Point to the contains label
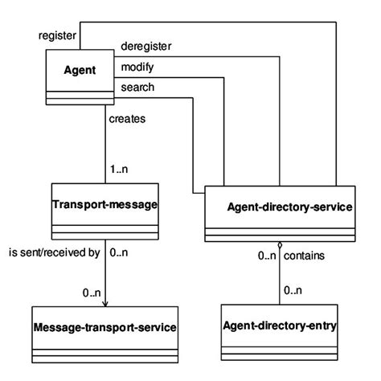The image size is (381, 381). pyautogui.click(x=308, y=256)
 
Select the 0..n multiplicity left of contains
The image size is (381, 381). pyautogui.click(x=267, y=256)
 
